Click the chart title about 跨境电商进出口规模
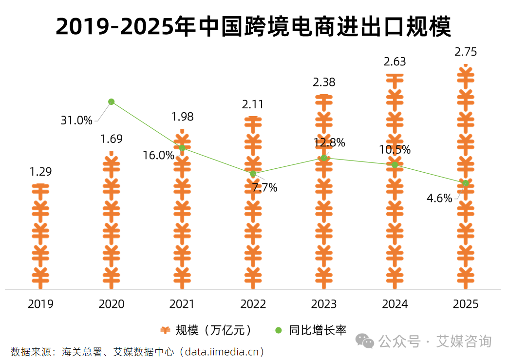(253, 27)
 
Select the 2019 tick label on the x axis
(40, 304)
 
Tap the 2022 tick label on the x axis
(253, 304)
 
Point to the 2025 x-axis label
(466, 304)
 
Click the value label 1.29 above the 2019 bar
(40, 172)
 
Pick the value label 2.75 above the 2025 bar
(466, 52)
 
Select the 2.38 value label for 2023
(324, 82)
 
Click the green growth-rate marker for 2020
(112, 101)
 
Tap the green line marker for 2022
(253, 174)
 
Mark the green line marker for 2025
(466, 183)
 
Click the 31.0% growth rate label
(76, 121)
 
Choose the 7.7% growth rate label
(264, 187)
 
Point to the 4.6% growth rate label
(439, 198)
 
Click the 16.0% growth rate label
(158, 155)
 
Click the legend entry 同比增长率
(317, 330)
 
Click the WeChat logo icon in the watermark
(365, 341)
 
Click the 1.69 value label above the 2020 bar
(112, 139)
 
